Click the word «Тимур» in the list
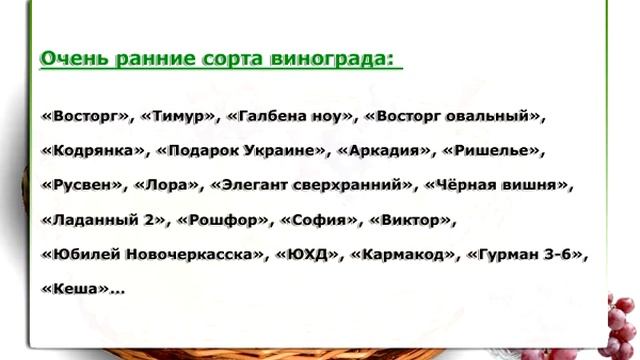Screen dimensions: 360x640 point(180,117)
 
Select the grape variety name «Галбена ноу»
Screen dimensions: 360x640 point(290,117)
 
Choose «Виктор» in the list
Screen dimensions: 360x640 point(411,220)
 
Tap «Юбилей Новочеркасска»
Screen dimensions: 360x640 point(155,254)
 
